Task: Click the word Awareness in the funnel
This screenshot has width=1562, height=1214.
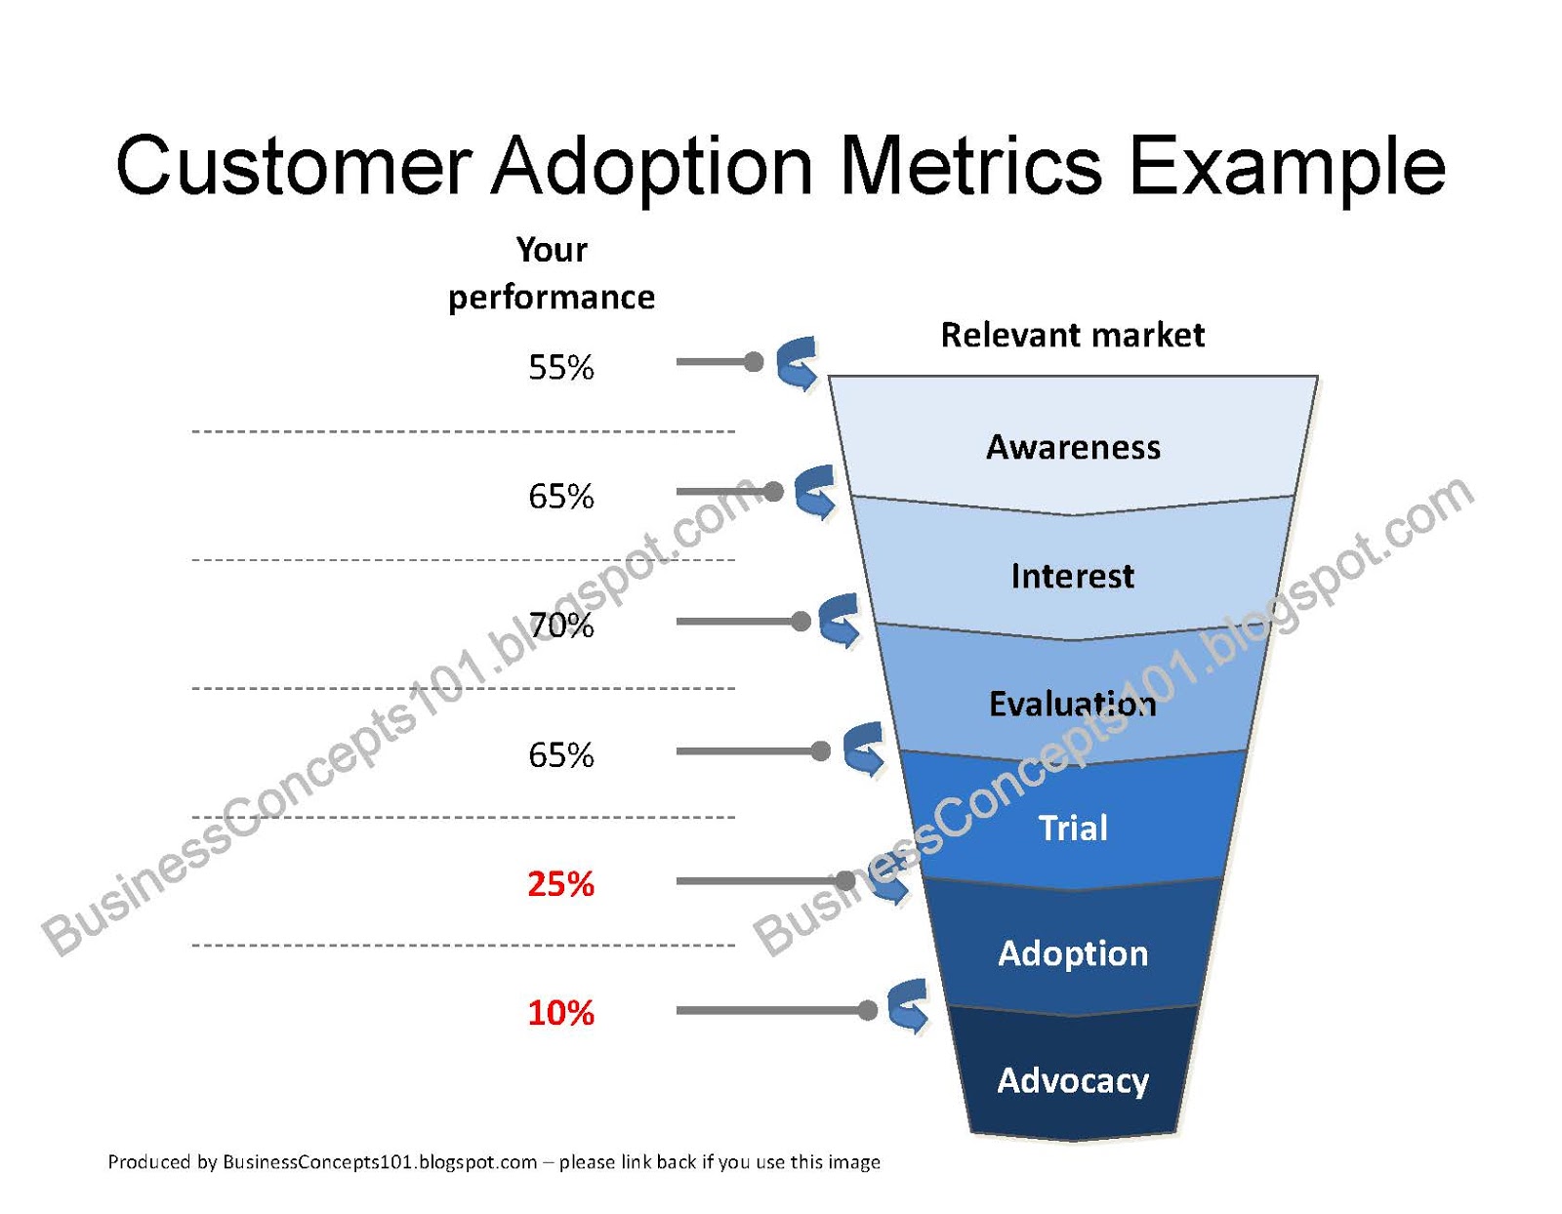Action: pos(1073,447)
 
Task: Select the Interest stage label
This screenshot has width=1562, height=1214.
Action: pos(1072,576)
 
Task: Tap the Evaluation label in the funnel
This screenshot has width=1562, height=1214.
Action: pos(1072,704)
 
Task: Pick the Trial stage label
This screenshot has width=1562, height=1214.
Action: pos(1073,828)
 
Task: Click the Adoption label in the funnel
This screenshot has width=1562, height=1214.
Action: pos(1073,953)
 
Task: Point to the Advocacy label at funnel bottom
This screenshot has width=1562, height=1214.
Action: pos(1073,1080)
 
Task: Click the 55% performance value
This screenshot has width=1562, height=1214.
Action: pos(560,368)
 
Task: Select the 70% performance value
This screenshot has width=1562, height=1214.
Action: pos(560,626)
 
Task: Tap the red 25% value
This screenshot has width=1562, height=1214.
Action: pos(560,884)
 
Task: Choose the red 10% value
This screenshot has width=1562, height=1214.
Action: pos(560,1013)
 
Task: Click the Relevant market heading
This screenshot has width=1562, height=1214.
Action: pos(1072,335)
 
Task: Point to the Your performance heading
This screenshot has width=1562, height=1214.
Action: pos(552,273)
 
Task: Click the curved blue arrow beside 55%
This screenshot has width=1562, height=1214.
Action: pos(798,364)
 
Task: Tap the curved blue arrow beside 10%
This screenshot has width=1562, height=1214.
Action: pos(909,1006)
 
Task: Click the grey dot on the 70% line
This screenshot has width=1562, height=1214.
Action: pos(801,622)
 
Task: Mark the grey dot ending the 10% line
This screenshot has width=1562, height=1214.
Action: pos(867,1010)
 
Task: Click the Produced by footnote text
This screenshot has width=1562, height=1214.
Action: pos(493,1162)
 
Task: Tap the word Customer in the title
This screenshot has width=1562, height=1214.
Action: pos(294,166)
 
